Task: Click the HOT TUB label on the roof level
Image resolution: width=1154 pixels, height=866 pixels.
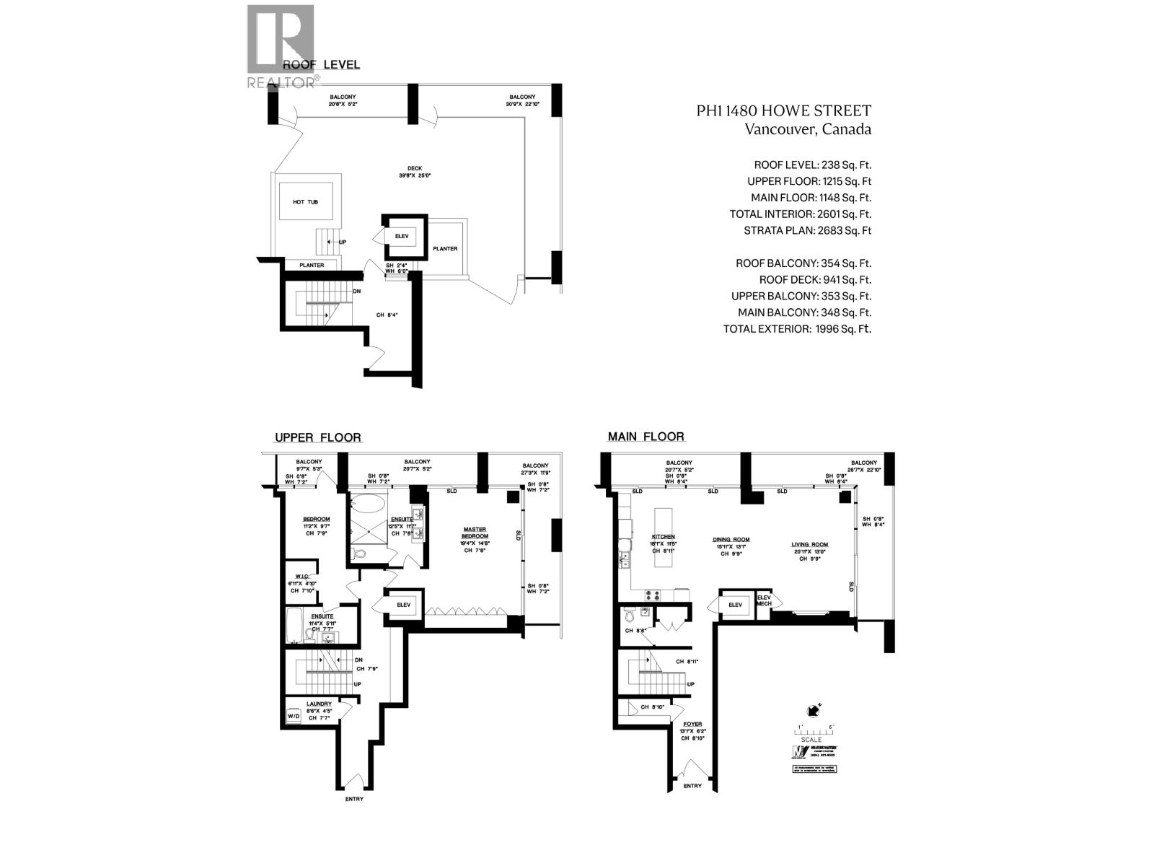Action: (304, 203)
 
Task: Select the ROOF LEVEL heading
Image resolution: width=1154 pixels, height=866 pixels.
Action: (321, 65)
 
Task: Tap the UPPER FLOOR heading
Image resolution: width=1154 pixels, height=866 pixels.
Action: (317, 438)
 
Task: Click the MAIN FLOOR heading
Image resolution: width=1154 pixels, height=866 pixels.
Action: (646, 437)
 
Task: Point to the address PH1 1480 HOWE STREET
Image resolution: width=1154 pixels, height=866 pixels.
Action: (783, 111)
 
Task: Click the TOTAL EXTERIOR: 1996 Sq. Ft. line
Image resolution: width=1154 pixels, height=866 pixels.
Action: (797, 329)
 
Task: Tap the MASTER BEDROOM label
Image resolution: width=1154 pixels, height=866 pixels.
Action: (475, 533)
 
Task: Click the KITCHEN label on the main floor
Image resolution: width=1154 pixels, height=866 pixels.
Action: (663, 537)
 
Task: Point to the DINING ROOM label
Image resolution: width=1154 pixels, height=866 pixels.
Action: (731, 539)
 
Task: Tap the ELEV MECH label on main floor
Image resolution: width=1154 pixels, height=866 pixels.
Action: (764, 600)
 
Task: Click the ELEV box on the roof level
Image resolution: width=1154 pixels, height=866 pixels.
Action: (401, 236)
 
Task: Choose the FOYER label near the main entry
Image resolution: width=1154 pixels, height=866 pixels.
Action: (692, 723)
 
